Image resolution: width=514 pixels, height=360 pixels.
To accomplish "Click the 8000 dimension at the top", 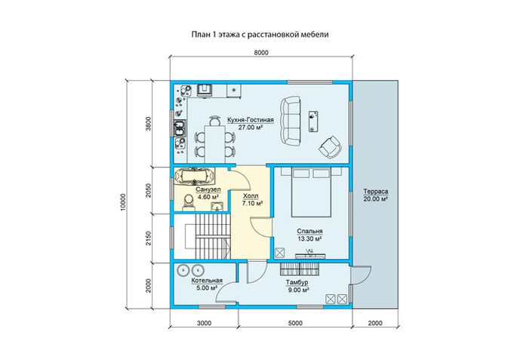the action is [261, 53].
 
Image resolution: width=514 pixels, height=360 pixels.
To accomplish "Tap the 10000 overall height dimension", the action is [123, 202].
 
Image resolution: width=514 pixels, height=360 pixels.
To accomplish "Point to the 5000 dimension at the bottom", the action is [295, 323].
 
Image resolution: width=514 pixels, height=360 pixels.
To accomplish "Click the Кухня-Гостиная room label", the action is [251, 120].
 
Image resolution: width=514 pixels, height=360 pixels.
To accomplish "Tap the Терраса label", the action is [376, 192].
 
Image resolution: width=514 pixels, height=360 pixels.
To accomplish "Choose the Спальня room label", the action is [309, 232].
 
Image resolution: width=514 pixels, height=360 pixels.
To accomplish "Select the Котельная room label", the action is [207, 281].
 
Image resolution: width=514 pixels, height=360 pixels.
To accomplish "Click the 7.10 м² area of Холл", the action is [252, 203].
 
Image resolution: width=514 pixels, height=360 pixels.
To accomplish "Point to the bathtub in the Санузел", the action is [195, 177].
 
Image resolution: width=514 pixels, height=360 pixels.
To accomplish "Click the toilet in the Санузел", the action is [188, 202].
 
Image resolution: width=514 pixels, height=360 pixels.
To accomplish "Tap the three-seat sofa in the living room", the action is [291, 121].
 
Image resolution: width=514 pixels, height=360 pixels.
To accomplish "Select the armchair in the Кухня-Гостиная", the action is [330, 146].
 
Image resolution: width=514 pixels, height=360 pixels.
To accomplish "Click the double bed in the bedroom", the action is [311, 192].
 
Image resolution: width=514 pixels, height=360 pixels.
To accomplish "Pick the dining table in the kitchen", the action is [214, 144].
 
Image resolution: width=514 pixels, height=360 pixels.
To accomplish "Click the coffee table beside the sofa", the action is [313, 122].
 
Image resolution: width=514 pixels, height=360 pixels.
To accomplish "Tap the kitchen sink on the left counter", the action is [180, 128].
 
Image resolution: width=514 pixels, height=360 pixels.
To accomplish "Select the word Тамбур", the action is [297, 282].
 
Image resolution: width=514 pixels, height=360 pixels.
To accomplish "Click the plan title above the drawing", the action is [260, 34].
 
